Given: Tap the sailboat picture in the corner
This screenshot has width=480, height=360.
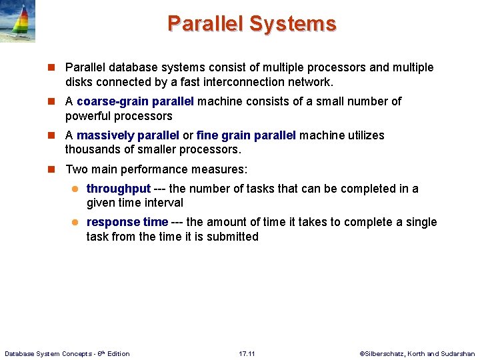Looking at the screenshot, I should click(17, 21).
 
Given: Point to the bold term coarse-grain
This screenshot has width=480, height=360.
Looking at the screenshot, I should click(113, 101).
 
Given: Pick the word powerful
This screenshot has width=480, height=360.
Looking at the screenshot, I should click(87, 116).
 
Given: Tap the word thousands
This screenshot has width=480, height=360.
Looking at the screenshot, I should click(93, 149).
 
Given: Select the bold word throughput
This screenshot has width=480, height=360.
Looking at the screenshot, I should click(119, 189).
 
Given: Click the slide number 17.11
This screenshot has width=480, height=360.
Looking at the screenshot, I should click(247, 353).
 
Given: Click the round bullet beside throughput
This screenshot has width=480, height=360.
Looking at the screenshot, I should click(75, 189).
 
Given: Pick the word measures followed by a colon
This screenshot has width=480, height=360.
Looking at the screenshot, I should click(224, 169).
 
